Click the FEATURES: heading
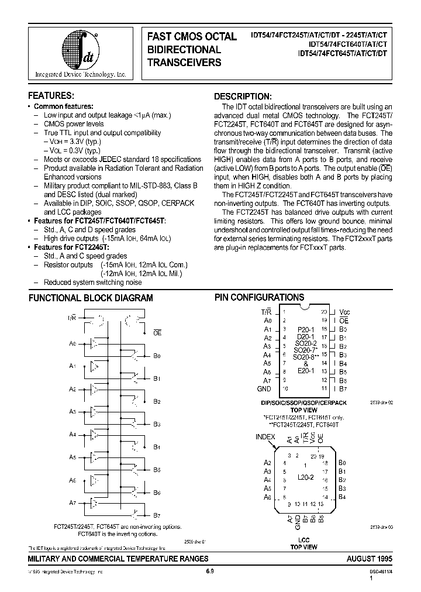click(51, 95)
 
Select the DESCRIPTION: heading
click(243, 96)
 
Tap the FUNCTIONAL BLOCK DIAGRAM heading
click(91, 298)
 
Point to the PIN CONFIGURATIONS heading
click(259, 297)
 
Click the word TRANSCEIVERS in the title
click(184, 63)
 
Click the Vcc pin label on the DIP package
click(345, 312)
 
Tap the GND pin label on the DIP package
click(264, 388)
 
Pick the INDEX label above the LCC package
click(265, 436)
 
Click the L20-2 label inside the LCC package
click(305, 477)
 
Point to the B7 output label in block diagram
click(157, 515)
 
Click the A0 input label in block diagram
click(73, 343)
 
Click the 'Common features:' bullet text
click(63, 106)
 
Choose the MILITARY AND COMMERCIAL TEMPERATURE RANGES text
click(111, 559)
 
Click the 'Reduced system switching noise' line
click(92, 283)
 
